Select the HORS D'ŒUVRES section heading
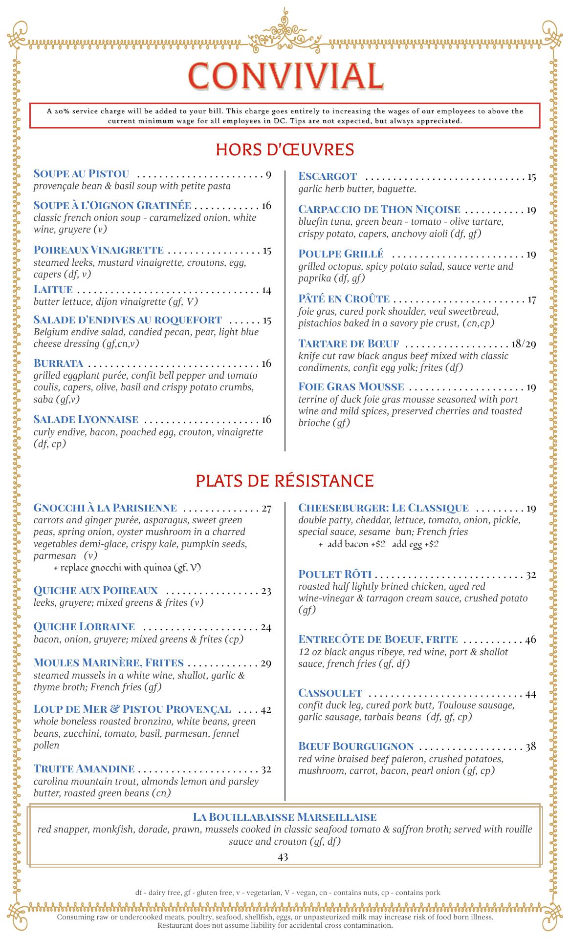point(285,149)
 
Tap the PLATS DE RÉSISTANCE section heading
point(285,481)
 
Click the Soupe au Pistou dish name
point(81,174)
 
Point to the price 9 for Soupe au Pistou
point(268,174)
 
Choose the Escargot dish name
point(328,176)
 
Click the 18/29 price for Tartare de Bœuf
point(523,344)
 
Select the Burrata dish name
point(58,363)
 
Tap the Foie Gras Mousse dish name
point(351,387)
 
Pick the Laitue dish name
point(53,290)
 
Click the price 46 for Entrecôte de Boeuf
point(530,640)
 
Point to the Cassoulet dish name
point(330,693)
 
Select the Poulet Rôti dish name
point(335,575)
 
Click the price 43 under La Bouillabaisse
point(283,856)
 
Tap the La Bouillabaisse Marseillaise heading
point(285,817)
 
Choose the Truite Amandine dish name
point(84,769)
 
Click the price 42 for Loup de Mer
point(265,709)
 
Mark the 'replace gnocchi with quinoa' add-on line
point(128,568)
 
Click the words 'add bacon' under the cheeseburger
point(347,544)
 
